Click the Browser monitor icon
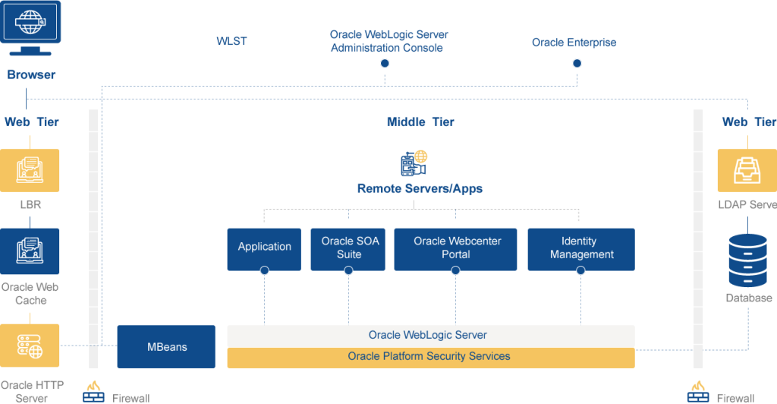pyautogui.click(x=30, y=28)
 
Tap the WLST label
pyautogui.click(x=231, y=41)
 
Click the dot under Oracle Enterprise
pyautogui.click(x=577, y=64)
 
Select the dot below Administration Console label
pyautogui.click(x=385, y=64)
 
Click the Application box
pyautogui.click(x=264, y=249)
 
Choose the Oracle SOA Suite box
pyautogui.click(x=348, y=249)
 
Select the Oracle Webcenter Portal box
pyautogui.click(x=455, y=249)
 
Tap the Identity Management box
pyautogui.click(x=581, y=249)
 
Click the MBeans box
pyautogui.click(x=166, y=346)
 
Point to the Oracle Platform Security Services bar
pyautogui.click(x=431, y=358)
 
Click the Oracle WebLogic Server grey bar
pyautogui.click(x=431, y=336)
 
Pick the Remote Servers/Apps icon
pyautogui.click(x=414, y=163)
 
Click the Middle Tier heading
pyautogui.click(x=420, y=122)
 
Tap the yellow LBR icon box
pyautogui.click(x=30, y=171)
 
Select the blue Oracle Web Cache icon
pyautogui.click(x=30, y=251)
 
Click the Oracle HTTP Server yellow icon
pyautogui.click(x=30, y=346)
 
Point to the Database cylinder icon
pyautogui.click(x=747, y=260)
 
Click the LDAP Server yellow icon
pyautogui.click(x=747, y=171)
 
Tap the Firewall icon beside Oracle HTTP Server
pyautogui.click(x=93, y=392)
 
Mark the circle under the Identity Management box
pyautogui.click(x=580, y=270)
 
